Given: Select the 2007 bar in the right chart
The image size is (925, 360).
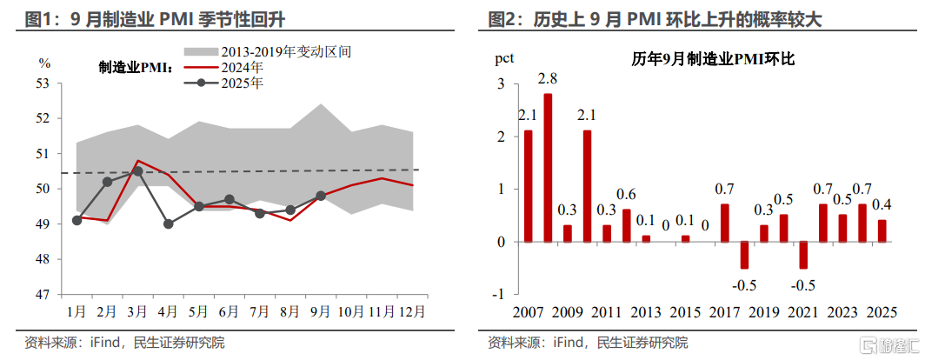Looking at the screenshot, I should (x=529, y=185).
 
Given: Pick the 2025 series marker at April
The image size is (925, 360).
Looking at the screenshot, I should (x=168, y=223).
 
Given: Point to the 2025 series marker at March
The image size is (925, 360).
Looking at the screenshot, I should (x=137, y=171).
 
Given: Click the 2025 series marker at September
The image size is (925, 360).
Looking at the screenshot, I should (x=321, y=196).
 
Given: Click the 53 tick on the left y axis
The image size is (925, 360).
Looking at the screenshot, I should (x=44, y=83).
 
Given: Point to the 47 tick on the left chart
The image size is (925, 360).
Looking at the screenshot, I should (x=44, y=294).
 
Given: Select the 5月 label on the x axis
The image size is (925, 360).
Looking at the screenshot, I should (x=198, y=310).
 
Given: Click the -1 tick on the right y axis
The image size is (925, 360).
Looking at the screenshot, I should (x=498, y=294).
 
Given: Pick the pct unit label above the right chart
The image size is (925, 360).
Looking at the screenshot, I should (x=504, y=59).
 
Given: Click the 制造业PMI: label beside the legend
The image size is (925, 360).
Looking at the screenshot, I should (x=135, y=66).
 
